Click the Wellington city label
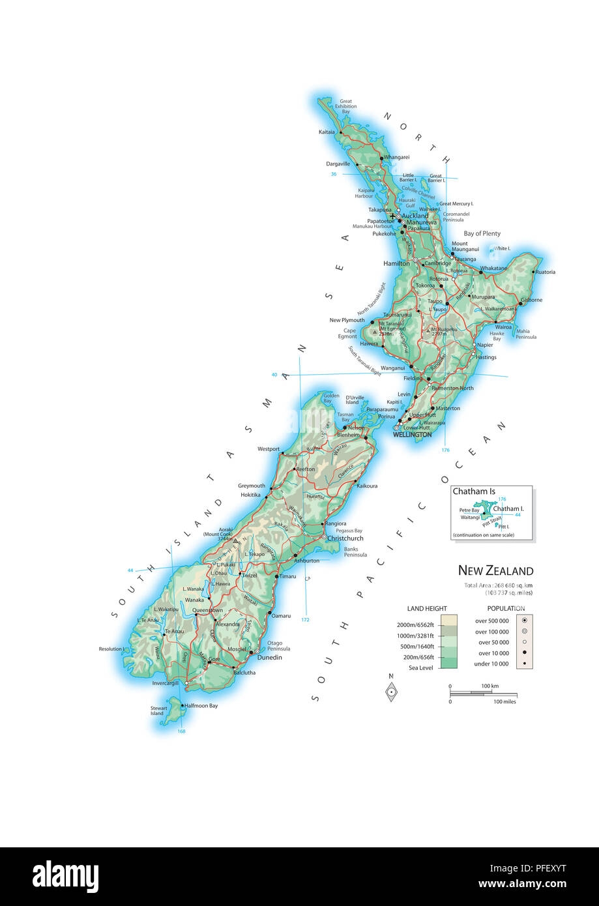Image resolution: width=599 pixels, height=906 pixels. [412, 435]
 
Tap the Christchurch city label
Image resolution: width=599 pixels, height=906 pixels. [345, 538]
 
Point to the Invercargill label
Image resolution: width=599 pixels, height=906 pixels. [165, 683]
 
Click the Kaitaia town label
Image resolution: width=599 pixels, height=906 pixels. [327, 132]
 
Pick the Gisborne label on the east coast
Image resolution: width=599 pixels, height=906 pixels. [532, 300]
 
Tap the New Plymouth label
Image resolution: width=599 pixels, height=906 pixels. [347, 321]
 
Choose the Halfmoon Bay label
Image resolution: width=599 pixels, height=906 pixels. [201, 705]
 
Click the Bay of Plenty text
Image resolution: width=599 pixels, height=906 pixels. [482, 233]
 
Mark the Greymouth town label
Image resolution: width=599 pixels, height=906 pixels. [252, 486]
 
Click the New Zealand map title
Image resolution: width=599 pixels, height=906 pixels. [495, 571]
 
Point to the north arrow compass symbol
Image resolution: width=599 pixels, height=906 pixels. [391, 691]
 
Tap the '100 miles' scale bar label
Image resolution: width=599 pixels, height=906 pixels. [505, 702]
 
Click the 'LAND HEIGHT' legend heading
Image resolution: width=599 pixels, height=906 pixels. [427, 609]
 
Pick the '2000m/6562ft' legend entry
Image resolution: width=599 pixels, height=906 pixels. [416, 625]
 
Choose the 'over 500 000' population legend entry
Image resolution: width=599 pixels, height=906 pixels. [493, 621]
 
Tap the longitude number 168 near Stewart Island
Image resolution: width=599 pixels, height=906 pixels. [181, 731]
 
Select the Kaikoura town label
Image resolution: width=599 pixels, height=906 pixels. [368, 486]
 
